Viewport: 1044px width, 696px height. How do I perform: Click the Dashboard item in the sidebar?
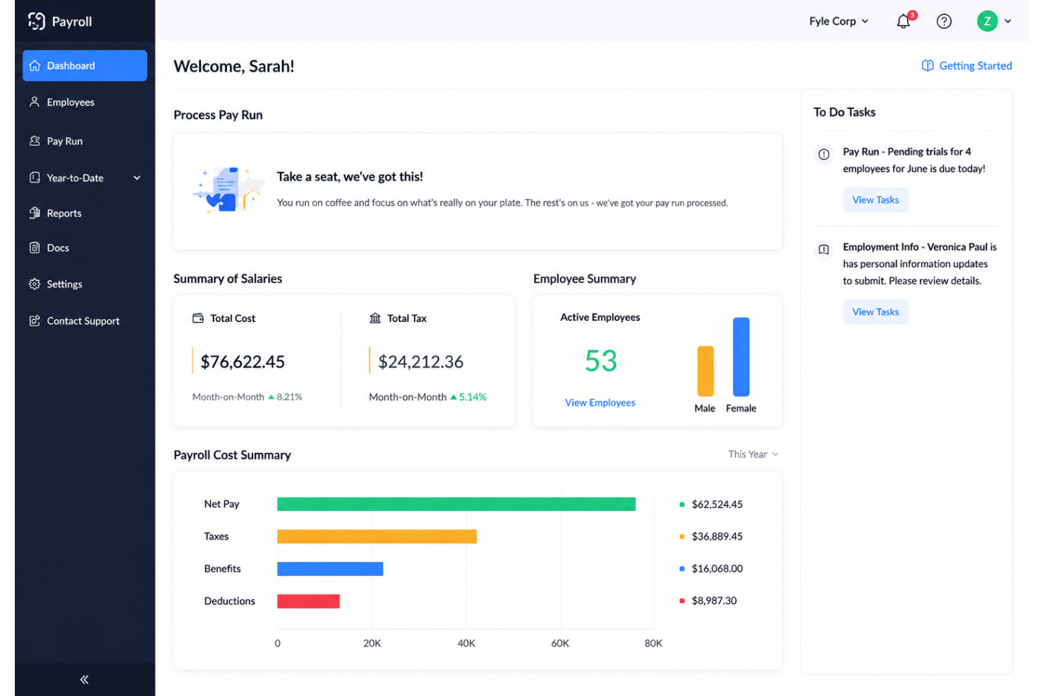[x=85, y=66]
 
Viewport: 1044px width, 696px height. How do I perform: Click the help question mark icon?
[x=944, y=21]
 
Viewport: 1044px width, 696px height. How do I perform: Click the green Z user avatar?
[x=987, y=21]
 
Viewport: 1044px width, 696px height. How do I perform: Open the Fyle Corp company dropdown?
[x=839, y=21]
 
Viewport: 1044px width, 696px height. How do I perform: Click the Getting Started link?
[x=966, y=66]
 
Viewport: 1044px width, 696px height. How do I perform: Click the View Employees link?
[x=600, y=403]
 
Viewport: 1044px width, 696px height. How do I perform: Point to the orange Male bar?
[x=705, y=371]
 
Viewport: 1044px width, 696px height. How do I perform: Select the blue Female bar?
[x=741, y=356]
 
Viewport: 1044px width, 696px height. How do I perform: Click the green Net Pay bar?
[x=456, y=504]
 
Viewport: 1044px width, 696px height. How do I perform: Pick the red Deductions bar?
[x=308, y=601]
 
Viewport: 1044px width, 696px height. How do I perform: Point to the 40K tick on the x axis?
[x=466, y=643]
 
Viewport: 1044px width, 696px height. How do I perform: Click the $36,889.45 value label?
[x=717, y=536]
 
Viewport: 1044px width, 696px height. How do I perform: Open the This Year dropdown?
[x=753, y=454]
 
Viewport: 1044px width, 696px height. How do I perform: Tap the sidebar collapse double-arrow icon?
[x=85, y=679]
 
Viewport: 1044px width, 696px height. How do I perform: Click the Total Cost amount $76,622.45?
[x=243, y=362]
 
